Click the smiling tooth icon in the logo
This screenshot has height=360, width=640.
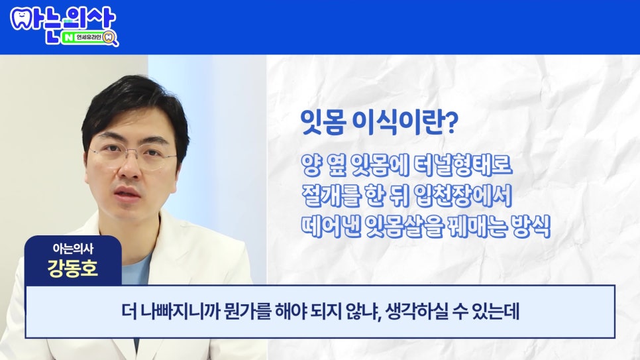coord(22,17)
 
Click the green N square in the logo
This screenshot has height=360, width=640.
coord(68,38)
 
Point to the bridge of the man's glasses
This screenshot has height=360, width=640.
coord(132,154)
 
